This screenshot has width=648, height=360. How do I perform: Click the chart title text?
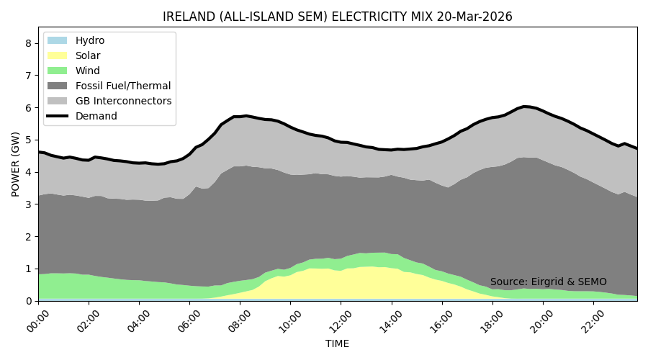[338, 17]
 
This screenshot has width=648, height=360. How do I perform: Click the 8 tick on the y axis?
[29, 43]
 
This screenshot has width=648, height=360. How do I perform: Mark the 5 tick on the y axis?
[29, 140]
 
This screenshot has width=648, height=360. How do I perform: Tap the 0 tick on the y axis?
[29, 301]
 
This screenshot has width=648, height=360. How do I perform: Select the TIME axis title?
[337, 344]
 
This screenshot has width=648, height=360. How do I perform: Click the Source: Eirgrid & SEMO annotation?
[548, 282]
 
